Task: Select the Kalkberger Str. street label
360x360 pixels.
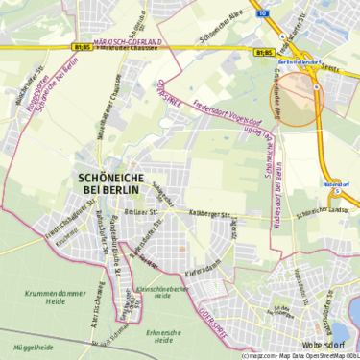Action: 212,214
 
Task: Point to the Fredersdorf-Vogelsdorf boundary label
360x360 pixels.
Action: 227,116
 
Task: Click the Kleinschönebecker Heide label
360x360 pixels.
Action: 167,291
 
